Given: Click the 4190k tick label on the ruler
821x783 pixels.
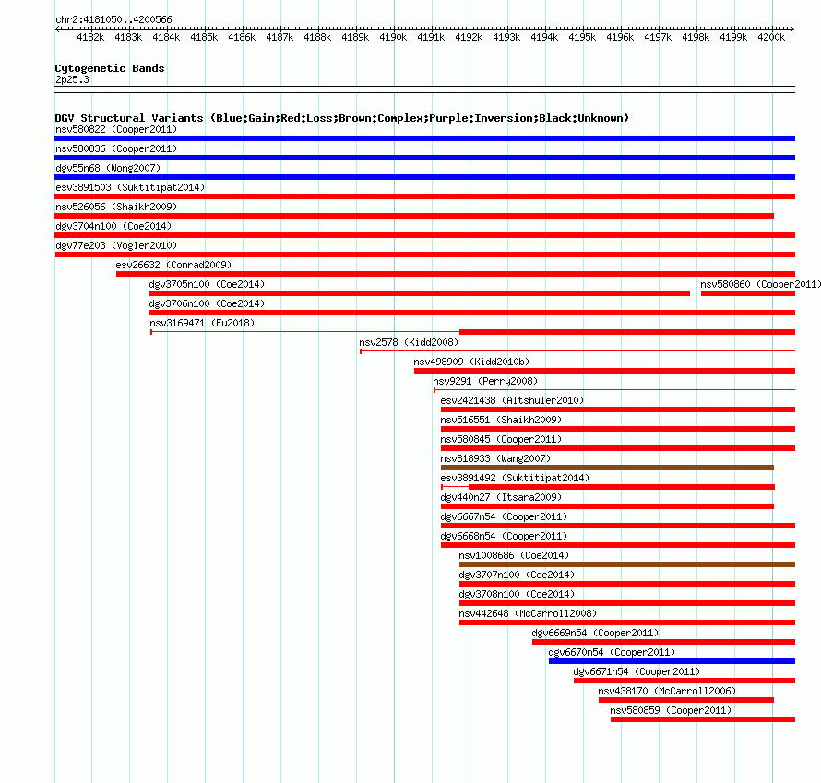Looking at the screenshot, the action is [393, 37].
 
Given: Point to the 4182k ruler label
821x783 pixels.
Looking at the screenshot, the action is [90, 37].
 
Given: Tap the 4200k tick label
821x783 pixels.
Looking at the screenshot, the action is [771, 37].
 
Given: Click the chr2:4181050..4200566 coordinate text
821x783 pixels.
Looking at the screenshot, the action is [113, 20].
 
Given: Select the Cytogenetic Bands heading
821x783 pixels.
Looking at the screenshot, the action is [110, 68].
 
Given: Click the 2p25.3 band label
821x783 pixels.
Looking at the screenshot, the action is [72, 79].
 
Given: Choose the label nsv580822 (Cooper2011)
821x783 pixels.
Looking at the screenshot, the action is [116, 129].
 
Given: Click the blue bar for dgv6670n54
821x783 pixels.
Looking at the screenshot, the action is [672, 661].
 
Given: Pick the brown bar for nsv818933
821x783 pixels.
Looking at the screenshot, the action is [607, 468].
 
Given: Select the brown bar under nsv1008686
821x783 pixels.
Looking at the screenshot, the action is [627, 564].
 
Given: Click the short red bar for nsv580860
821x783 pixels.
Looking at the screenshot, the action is [748, 293].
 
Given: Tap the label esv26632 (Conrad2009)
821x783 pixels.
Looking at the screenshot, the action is [173, 265].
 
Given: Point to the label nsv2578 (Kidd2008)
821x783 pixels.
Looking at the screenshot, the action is [409, 342].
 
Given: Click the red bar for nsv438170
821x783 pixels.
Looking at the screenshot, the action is [686, 700].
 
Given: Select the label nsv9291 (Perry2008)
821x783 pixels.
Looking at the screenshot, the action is [485, 381].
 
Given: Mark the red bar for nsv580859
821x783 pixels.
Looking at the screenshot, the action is [703, 719].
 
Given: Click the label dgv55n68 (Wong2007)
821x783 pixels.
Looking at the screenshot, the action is [108, 168].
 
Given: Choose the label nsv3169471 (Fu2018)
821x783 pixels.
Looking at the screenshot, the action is [202, 323].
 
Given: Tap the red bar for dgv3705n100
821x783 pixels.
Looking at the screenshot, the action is [420, 293].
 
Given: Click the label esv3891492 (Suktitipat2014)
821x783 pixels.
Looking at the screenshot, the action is [515, 478].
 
